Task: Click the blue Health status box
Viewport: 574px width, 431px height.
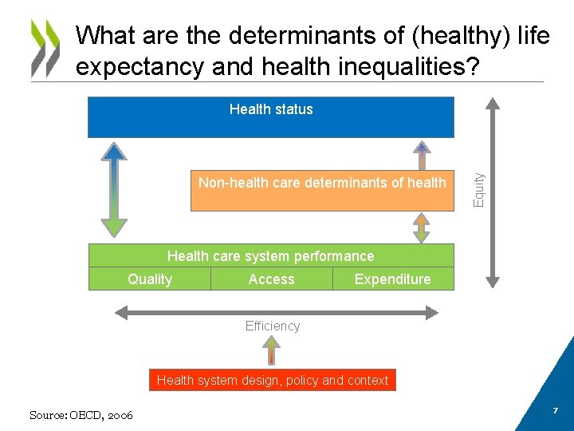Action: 270,117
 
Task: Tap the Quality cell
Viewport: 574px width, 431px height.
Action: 150,279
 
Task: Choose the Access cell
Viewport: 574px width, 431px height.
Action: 271,279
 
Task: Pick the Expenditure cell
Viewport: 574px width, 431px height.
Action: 392,279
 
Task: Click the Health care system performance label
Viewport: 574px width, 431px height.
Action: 270,256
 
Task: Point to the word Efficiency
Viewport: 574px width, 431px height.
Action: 273,326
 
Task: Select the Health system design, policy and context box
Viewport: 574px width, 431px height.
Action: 273,381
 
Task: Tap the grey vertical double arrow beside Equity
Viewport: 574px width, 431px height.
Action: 493,192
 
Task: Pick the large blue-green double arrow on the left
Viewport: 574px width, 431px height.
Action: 115,189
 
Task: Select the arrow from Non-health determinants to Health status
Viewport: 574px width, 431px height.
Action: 421,154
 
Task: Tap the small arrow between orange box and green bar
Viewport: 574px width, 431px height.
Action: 421,227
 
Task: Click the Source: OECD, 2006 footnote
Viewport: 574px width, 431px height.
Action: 81,415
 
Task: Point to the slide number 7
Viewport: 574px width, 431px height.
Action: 556,409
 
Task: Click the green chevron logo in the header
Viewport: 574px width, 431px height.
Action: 45,47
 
